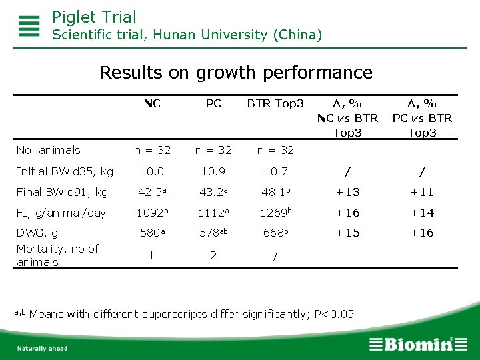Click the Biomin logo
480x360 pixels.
419,344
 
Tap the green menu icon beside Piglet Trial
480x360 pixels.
29,26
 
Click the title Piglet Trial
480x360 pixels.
94,17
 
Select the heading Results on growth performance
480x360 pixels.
236,73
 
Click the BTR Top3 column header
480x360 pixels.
275,104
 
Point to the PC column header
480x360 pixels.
213,103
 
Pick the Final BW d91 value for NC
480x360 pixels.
152,192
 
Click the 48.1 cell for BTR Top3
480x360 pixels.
275,191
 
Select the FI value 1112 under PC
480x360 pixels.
213,213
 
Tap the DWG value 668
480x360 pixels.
275,233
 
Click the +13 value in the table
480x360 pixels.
348,192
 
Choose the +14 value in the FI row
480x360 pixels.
422,213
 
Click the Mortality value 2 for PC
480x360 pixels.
213,255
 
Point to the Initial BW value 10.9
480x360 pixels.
213,171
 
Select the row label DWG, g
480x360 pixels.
37,233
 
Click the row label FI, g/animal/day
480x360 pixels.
61,213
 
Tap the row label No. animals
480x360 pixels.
49,150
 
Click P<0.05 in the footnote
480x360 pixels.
334,314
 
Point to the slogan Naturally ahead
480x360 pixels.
42,349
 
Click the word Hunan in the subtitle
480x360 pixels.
174,35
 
